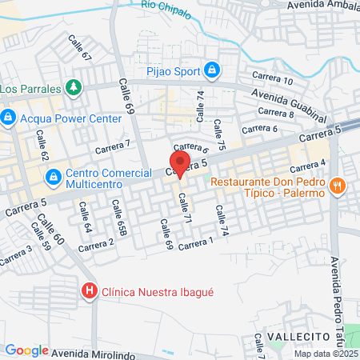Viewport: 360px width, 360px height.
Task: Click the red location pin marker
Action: point(180,164)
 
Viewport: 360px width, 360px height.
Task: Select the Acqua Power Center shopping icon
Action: point(9,118)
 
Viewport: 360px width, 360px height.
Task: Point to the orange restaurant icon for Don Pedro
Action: point(339,185)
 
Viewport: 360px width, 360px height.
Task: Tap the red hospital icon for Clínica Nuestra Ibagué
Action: point(90,292)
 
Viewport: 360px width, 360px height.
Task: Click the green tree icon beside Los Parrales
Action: point(73,86)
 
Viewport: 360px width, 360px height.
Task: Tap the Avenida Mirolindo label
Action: point(89,350)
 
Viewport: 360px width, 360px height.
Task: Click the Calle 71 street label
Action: point(186,207)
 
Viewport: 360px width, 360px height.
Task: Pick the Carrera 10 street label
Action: point(276,79)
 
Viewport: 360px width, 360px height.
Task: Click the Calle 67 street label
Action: point(79,48)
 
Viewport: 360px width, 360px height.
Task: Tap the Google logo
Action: point(26,350)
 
